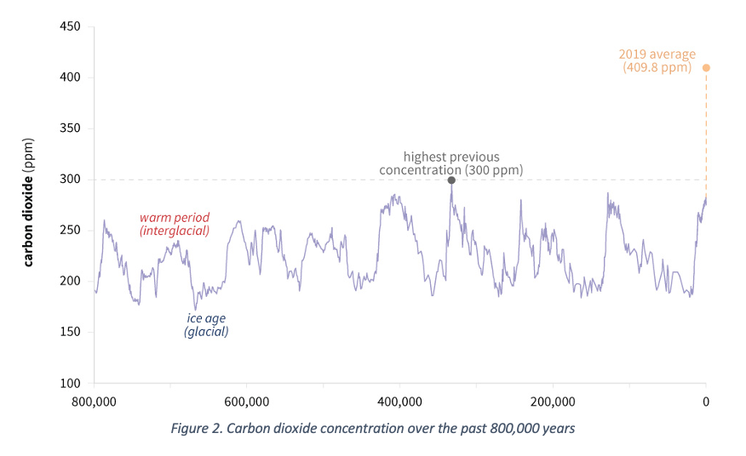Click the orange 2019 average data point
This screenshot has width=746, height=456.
(706, 67)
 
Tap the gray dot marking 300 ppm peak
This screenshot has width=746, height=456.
(451, 180)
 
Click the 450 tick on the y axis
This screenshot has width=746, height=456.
(70, 26)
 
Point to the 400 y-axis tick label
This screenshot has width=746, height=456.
(70, 77)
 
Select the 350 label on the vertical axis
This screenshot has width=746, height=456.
(70, 128)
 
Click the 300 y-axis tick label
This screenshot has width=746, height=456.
(70, 180)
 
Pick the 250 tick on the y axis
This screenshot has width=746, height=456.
(70, 231)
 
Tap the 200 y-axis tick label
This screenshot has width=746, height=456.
(70, 282)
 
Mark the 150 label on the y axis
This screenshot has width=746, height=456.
(70, 333)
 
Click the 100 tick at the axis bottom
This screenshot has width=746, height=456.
(70, 384)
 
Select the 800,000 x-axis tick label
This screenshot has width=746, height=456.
(95, 401)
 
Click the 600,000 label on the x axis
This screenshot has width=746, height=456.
(247, 401)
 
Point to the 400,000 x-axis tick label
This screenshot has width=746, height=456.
(400, 401)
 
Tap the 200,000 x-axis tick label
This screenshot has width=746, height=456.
(553, 401)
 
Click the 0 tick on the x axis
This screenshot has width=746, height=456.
(705, 401)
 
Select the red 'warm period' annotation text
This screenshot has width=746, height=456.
(175, 218)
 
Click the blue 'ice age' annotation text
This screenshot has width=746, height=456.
(206, 319)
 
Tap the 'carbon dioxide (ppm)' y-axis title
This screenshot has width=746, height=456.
(29, 201)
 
